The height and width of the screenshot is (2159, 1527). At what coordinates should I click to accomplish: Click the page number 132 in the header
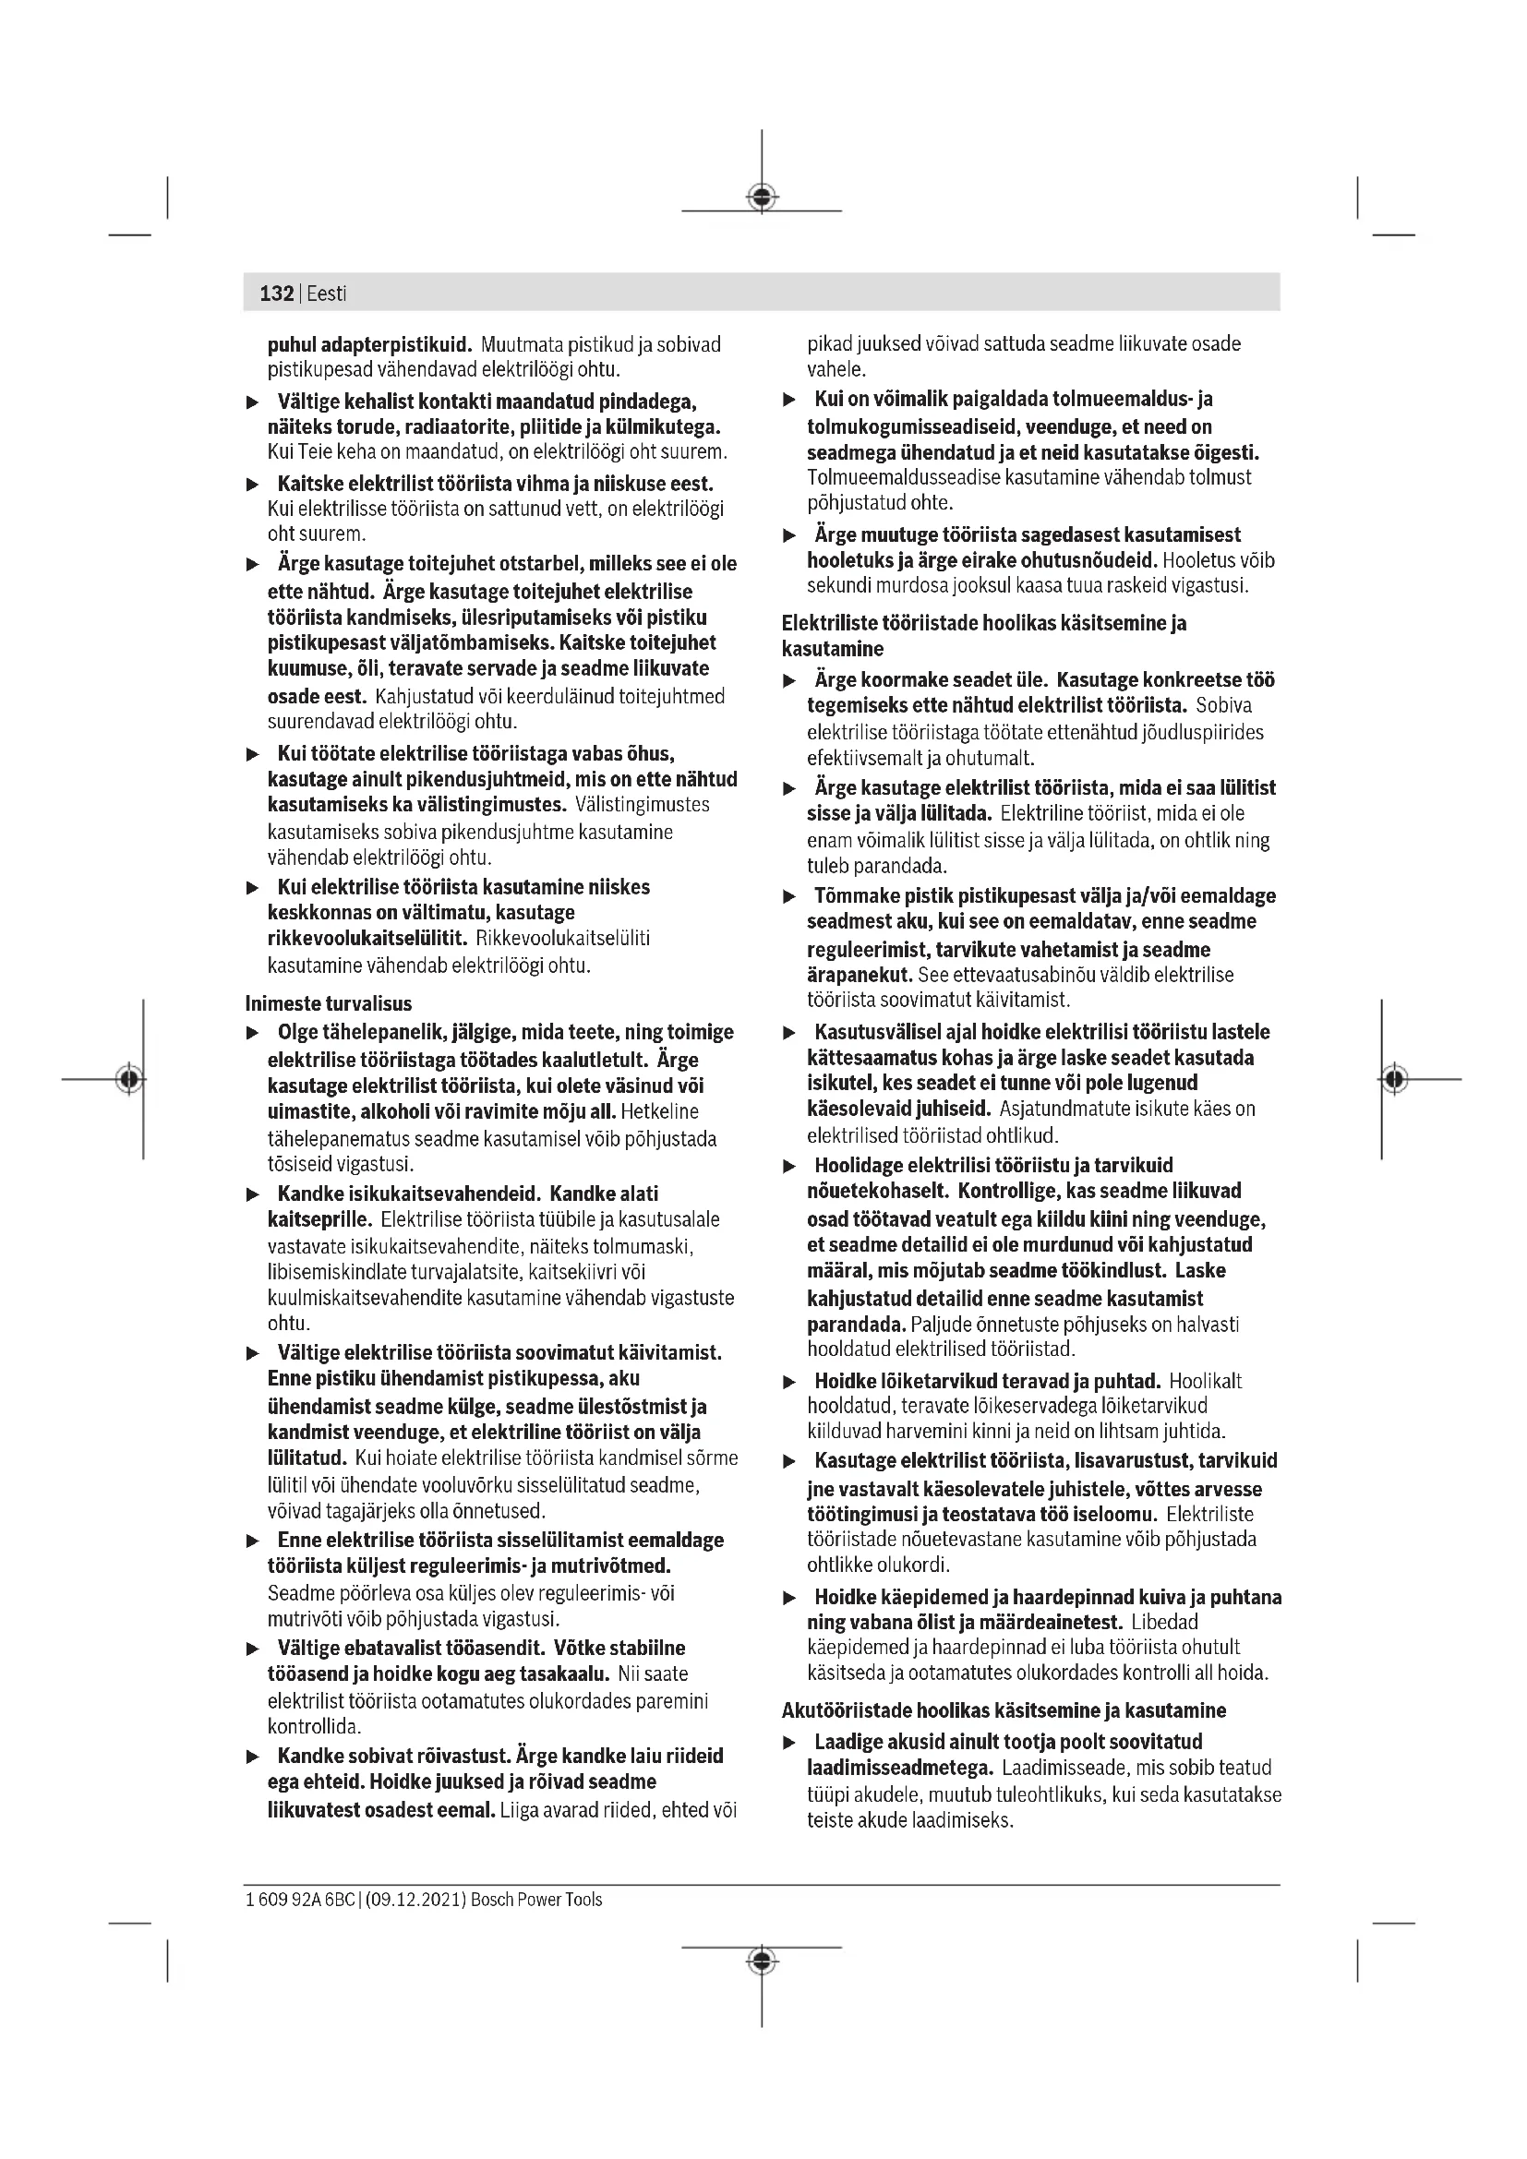276,294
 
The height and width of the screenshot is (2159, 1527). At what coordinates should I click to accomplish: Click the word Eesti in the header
326,294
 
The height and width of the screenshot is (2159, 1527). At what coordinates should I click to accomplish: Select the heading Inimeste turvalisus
328,1003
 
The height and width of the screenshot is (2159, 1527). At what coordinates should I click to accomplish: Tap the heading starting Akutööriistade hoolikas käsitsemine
1004,1710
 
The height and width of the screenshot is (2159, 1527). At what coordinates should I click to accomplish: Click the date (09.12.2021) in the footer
414,1900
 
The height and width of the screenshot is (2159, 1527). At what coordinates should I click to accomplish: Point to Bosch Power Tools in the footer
536,1900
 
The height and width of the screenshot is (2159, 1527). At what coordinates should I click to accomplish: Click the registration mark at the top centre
762,198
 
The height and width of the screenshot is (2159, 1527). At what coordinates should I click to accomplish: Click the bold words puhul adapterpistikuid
369,344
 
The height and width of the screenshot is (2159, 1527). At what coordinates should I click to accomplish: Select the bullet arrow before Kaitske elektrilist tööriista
252,486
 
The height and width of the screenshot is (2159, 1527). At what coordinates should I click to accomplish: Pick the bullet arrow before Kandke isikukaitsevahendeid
252,1195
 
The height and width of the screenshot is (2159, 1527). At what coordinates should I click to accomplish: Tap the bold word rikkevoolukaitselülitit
367,938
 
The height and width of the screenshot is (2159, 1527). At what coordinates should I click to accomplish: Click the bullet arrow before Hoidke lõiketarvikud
790,1383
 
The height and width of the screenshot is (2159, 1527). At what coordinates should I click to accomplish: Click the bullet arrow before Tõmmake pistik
790,897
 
